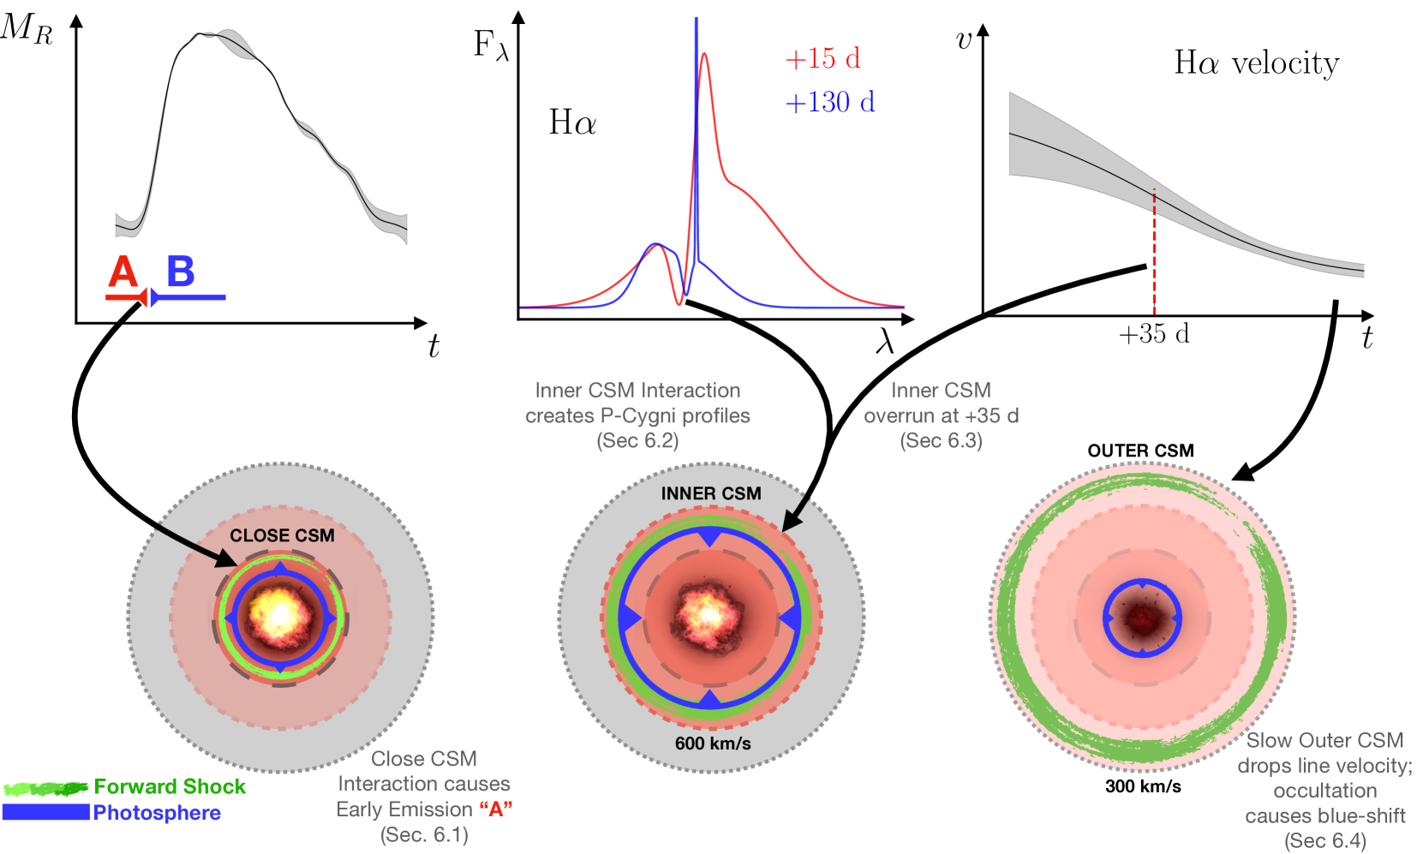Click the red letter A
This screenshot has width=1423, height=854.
pyautogui.click(x=123, y=272)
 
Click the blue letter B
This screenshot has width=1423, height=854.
pyautogui.click(x=180, y=272)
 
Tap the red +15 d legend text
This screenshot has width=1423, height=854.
pyautogui.click(x=822, y=58)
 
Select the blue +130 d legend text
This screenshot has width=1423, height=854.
pyautogui.click(x=830, y=102)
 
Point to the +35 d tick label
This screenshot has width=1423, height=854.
pyautogui.click(x=1154, y=334)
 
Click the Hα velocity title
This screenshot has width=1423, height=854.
pyautogui.click(x=1256, y=63)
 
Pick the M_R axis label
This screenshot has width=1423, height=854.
pyautogui.click(x=27, y=28)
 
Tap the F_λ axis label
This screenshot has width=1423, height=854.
pyautogui.click(x=491, y=45)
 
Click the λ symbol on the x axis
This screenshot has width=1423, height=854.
pyautogui.click(x=885, y=342)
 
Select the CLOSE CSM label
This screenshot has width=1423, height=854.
pyautogui.click(x=282, y=535)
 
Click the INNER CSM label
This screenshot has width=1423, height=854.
pyautogui.click(x=711, y=493)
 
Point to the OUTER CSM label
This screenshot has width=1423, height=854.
pyautogui.click(x=1140, y=451)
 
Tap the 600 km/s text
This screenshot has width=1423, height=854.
pyautogui.click(x=713, y=744)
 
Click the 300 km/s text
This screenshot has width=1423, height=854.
pyautogui.click(x=1143, y=786)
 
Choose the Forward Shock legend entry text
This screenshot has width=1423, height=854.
pyautogui.click(x=170, y=786)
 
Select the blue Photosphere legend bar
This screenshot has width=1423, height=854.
pyautogui.click(x=46, y=812)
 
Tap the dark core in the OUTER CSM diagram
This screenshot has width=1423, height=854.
pyautogui.click(x=1142, y=618)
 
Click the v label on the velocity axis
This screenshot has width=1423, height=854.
pyautogui.click(x=964, y=40)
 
